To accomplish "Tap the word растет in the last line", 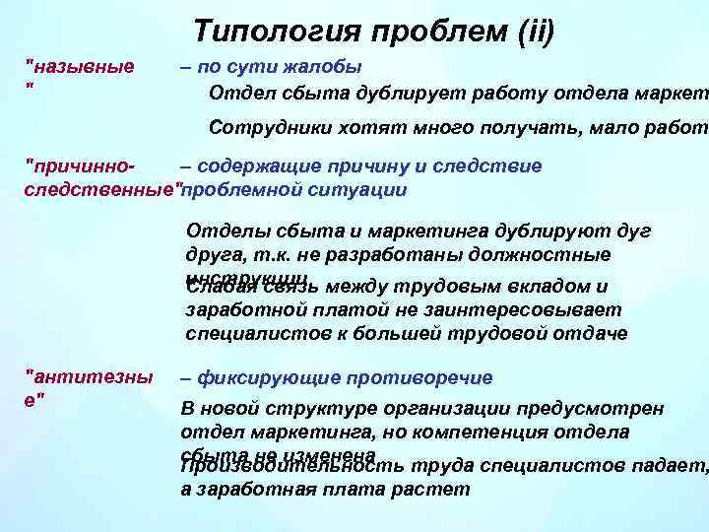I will tap(437, 489).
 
